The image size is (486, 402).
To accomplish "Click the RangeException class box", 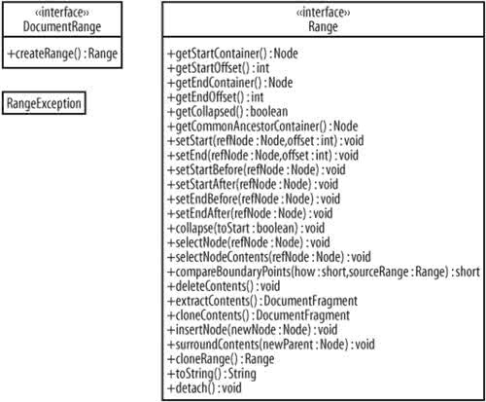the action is [44, 103].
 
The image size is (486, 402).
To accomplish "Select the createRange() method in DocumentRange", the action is [62, 54].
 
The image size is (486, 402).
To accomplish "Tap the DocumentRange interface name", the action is [62, 26].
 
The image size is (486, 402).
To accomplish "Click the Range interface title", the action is [323, 26].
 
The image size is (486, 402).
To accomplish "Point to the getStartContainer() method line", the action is [232, 54].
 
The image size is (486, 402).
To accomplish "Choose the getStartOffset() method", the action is [219, 68].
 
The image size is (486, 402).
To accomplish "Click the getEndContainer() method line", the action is [230, 83].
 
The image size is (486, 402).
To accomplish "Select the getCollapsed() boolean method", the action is [227, 112].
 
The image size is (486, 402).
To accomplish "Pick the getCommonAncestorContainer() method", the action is [262, 127].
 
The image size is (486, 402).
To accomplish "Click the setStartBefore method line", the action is [257, 169].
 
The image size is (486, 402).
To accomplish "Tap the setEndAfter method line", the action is [250, 213].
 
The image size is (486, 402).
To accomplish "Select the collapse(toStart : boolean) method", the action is [246, 228].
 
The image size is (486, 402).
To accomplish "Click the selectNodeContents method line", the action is [269, 257].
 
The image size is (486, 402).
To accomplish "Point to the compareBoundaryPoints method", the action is [324, 272].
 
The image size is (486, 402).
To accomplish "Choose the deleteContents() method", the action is [224, 286].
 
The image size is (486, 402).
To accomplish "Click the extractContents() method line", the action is [262, 301].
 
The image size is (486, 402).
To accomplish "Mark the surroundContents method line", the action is [271, 345].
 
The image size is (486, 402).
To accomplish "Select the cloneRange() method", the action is [221, 359].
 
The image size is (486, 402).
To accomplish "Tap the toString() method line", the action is [212, 374].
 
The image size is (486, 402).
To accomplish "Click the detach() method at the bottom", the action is [204, 388].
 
